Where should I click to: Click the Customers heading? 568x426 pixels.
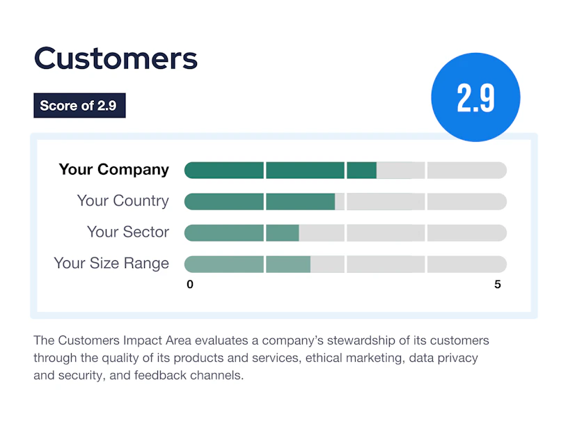(116, 58)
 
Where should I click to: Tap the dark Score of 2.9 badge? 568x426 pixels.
(79, 105)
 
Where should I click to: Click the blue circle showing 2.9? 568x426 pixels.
(475, 97)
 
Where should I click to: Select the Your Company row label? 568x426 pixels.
(114, 170)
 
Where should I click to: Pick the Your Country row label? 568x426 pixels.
(123, 200)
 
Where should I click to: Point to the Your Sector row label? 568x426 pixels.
(128, 232)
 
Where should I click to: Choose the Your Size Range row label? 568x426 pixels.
(111, 263)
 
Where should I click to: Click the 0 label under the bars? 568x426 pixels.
(190, 285)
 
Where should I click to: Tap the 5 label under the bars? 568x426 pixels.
(498, 285)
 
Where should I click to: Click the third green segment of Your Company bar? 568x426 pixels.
(361, 171)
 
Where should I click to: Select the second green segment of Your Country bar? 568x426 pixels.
(300, 201)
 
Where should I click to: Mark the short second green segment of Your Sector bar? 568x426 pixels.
(283, 232)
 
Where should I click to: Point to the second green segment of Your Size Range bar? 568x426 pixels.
(288, 264)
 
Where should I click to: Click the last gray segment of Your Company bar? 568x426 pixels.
(467, 171)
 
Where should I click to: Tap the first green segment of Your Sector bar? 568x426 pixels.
(224, 232)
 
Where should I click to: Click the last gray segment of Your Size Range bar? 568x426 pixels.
(467, 264)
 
